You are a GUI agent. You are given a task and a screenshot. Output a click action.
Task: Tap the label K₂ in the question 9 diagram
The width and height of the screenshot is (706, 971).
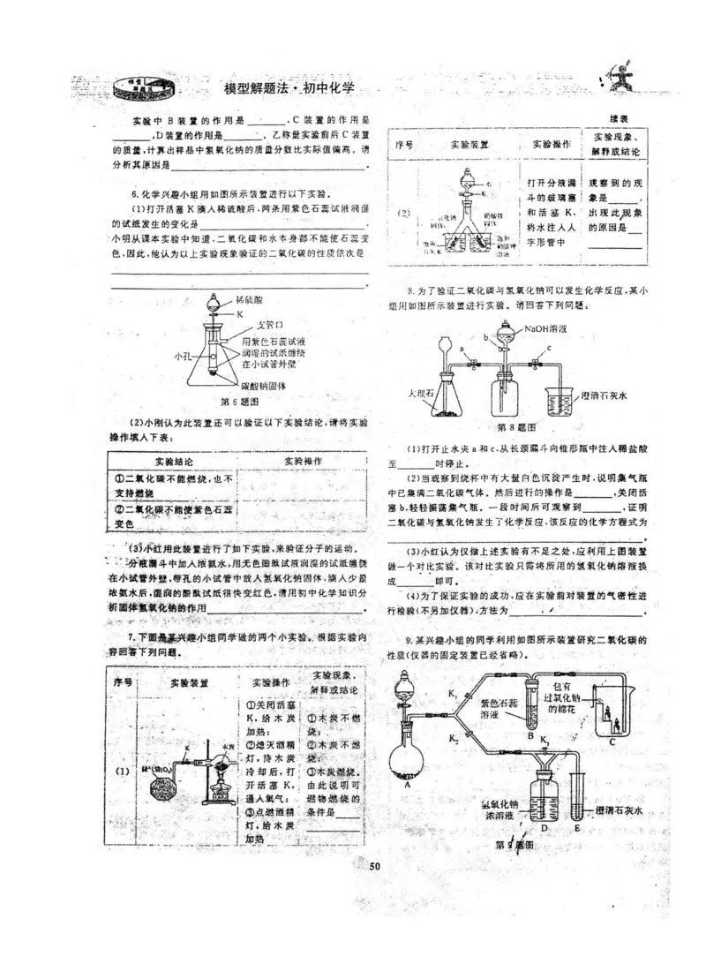tap(451, 735)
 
